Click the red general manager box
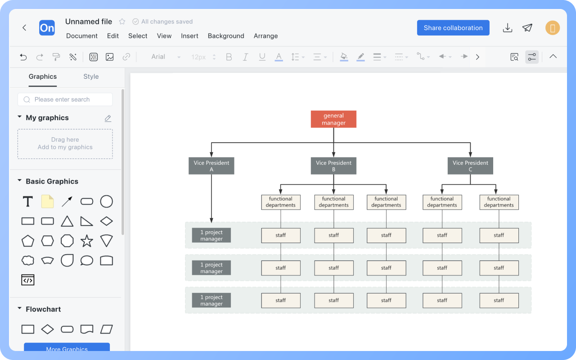pos(333,119)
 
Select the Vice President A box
pos(211,166)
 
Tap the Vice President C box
pos(470,166)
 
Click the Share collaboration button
pos(453,28)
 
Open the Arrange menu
pos(265,36)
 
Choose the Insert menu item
pos(189,36)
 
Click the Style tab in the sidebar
pos(91,76)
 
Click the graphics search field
pos(65,99)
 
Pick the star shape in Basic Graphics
pos(87,241)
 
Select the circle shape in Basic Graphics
pos(106,202)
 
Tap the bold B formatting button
pos(229,57)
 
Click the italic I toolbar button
pos(245,57)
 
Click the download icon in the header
pos(508,28)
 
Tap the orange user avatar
pos(552,28)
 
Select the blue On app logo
pos(47,28)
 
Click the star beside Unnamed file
pos(122,22)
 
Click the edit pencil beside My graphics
pos(108,118)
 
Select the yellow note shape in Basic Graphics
pos(47,202)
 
